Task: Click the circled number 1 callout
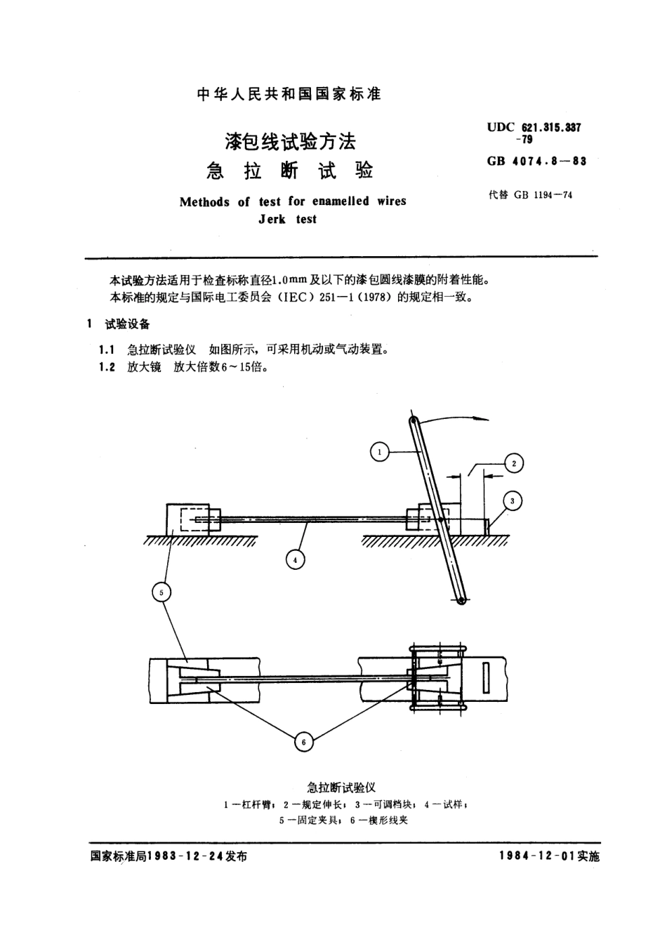[x=379, y=453]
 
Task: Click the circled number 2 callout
[x=514, y=463]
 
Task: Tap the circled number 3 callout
[x=513, y=500]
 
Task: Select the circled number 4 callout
[x=296, y=559]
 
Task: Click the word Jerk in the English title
[x=272, y=220]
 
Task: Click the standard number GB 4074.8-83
[x=536, y=161]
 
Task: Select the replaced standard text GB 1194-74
[x=543, y=195]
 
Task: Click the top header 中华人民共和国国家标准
[x=289, y=94]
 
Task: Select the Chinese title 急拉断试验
[x=289, y=171]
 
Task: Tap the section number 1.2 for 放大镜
[x=107, y=367]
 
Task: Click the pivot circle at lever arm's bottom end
[x=461, y=599]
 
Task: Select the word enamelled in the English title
[x=340, y=201]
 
